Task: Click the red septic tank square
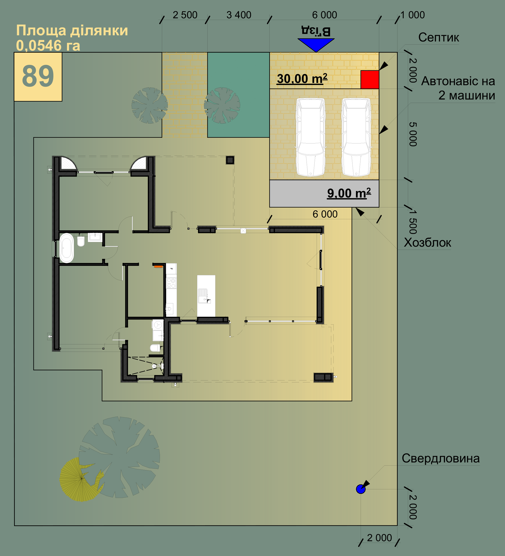pyautogui.click(x=370, y=79)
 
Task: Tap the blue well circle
pyautogui.click(x=361, y=489)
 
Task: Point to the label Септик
pyautogui.click(x=439, y=37)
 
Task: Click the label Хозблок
pyautogui.click(x=427, y=243)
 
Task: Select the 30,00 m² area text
pyautogui.click(x=302, y=79)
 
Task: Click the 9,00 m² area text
pyautogui.click(x=349, y=193)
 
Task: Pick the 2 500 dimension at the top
pyautogui.click(x=185, y=15)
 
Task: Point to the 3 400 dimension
pyautogui.click(x=239, y=15)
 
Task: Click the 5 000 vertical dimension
pyautogui.click(x=413, y=134)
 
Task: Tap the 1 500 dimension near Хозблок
pyautogui.click(x=413, y=221)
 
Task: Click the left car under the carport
pyautogui.click(x=311, y=137)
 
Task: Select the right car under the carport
pyautogui.click(x=356, y=137)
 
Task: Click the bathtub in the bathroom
pyautogui.click(x=66, y=248)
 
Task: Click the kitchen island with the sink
pyautogui.click(x=206, y=296)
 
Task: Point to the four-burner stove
pyautogui.click(x=171, y=283)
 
